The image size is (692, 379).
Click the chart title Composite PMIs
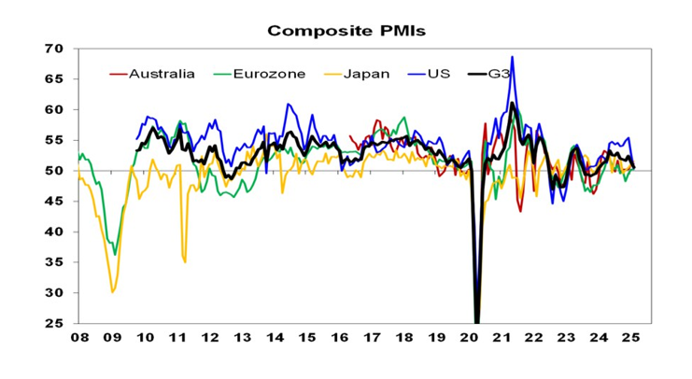click(x=346, y=31)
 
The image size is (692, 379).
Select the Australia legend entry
click(x=162, y=73)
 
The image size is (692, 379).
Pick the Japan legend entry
click(x=366, y=73)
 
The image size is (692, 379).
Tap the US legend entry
click(x=439, y=73)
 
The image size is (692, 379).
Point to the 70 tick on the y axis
click(x=54, y=49)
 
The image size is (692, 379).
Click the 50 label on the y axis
click(x=54, y=171)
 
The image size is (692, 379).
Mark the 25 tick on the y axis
click(x=54, y=324)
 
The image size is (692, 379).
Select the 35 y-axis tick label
click(x=54, y=262)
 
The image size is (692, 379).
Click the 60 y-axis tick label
click(x=54, y=110)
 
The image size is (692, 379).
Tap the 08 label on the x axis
click(x=79, y=339)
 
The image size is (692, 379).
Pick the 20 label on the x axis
click(x=470, y=339)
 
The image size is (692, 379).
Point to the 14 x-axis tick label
click(x=275, y=339)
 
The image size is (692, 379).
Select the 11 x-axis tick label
click(x=177, y=339)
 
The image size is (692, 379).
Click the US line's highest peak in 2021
click(x=512, y=57)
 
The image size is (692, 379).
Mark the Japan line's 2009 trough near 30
click(x=113, y=292)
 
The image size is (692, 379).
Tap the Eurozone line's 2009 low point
click(x=115, y=255)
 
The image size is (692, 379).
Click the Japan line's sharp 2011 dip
click(x=185, y=262)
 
